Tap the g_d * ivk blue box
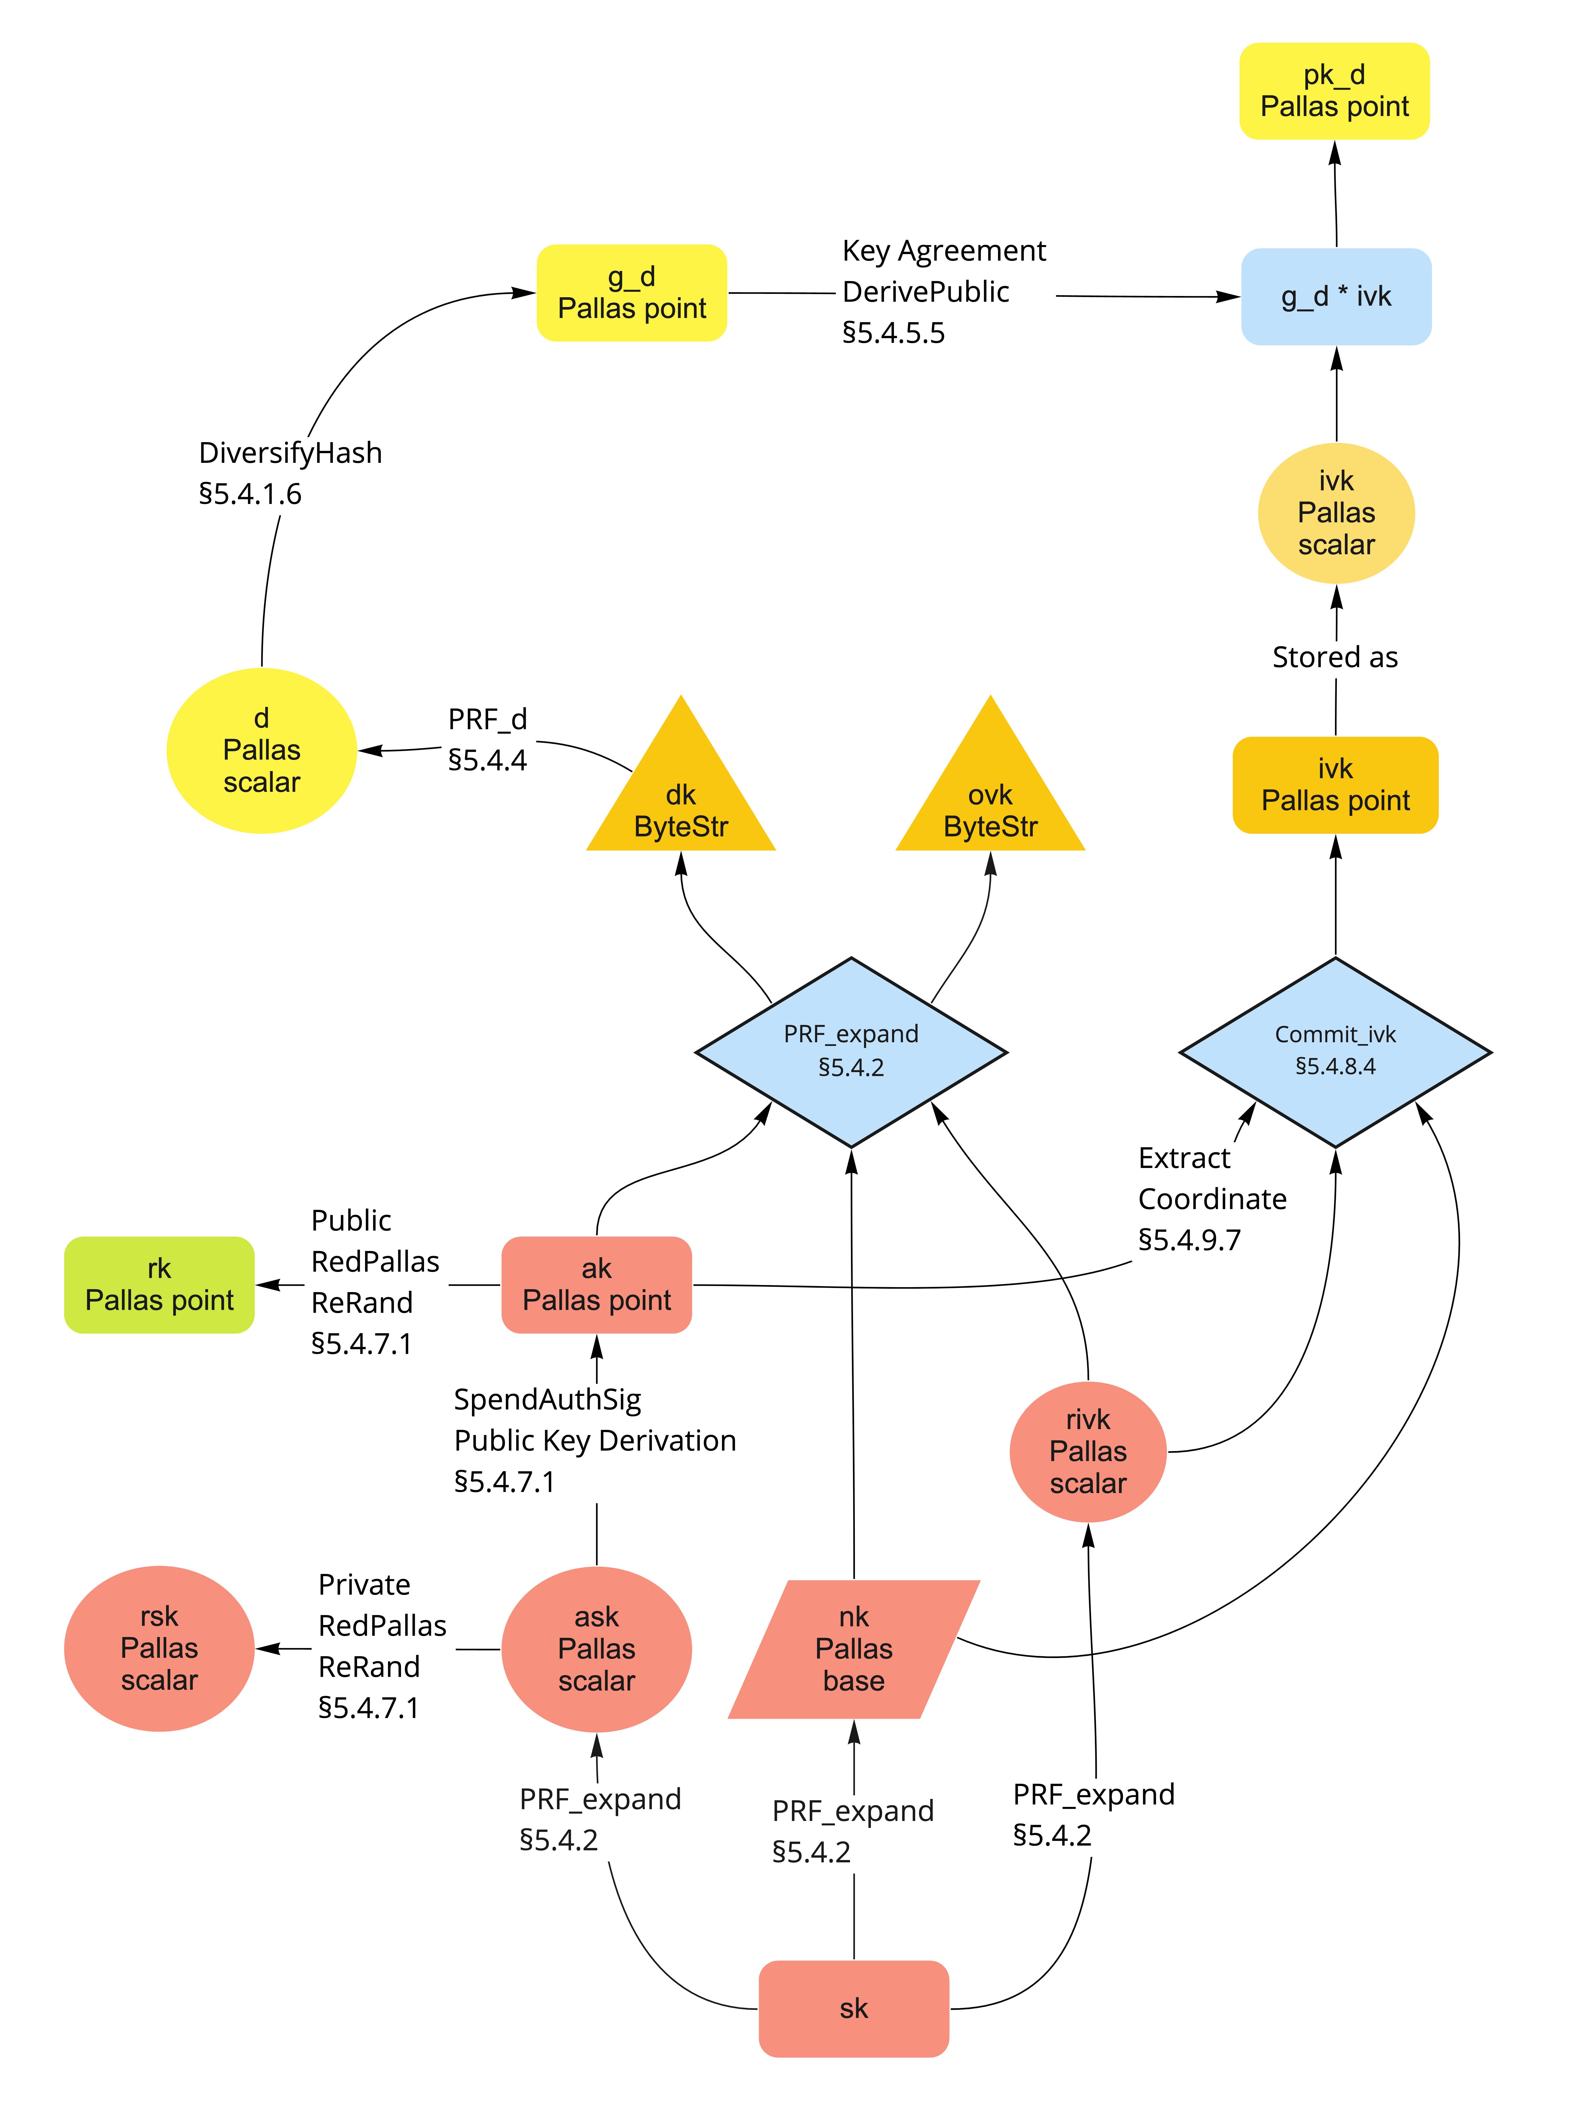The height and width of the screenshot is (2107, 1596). (1336, 296)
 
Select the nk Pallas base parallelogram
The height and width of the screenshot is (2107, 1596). (854, 1649)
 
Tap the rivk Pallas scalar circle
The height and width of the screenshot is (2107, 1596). (1088, 1452)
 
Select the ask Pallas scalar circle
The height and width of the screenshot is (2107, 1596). (596, 1649)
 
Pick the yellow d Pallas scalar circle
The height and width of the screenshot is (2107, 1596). (262, 751)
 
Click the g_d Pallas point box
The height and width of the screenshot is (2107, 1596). (632, 292)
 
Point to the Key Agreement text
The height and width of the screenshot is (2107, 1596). (943, 250)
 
